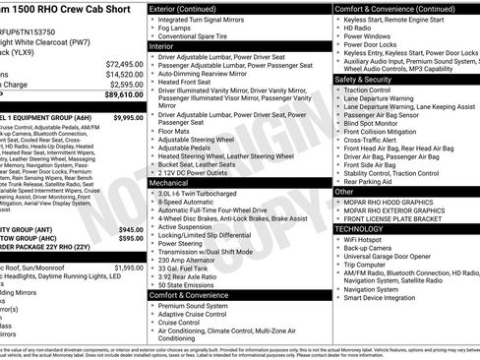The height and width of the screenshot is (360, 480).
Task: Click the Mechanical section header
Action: pos(169,183)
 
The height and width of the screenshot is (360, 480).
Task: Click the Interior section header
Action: pos(163,45)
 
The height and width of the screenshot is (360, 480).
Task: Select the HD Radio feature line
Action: pos(361,29)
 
